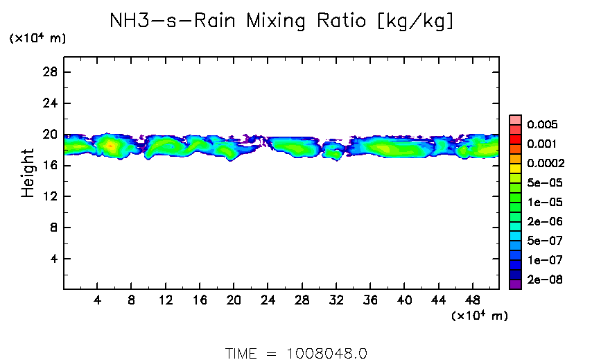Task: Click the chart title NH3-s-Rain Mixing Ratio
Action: pos(282,22)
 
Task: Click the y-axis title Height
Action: pos(28,173)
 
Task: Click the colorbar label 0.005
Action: pos(542,125)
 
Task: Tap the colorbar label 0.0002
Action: pos(546,164)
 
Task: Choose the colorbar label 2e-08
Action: pos(545,280)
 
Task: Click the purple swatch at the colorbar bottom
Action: pos(515,284)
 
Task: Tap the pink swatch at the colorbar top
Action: pos(515,119)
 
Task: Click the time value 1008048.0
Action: pos(327,352)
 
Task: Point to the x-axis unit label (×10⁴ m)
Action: pos(480,316)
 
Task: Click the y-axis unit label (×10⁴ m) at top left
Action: pos(37,39)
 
